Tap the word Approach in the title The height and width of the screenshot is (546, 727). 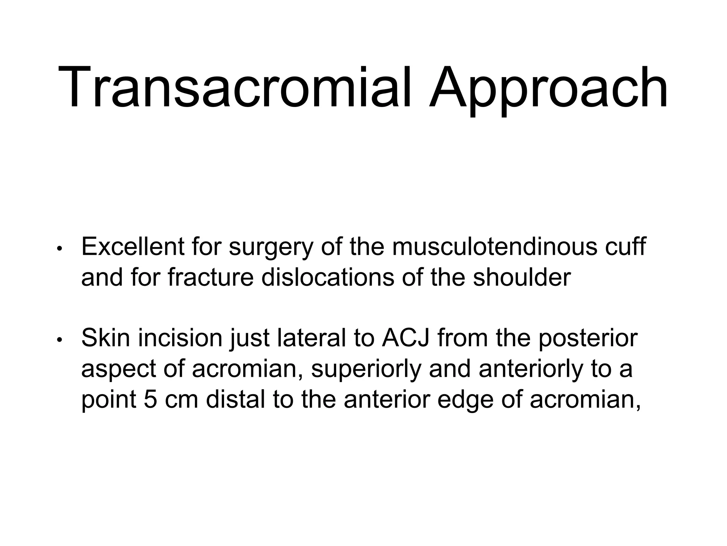click(x=548, y=89)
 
